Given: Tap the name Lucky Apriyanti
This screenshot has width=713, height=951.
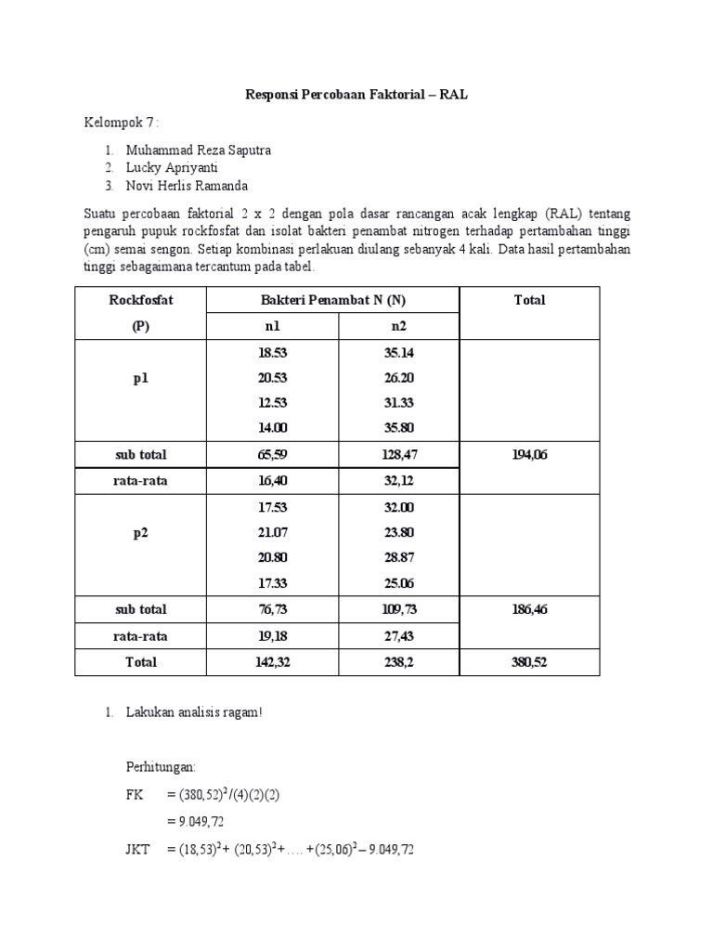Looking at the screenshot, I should [x=174, y=167].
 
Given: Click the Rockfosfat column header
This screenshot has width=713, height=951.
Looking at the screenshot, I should [x=141, y=300].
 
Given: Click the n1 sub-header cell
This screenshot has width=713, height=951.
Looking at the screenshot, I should [x=272, y=327].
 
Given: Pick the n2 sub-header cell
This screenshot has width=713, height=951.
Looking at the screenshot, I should [x=398, y=327].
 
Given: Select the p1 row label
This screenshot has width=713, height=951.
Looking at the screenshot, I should [x=141, y=379].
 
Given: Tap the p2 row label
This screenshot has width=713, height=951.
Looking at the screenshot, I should [x=141, y=533].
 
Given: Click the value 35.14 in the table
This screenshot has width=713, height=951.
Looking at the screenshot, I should [x=398, y=354].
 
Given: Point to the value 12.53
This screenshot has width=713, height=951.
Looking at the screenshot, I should [x=272, y=402].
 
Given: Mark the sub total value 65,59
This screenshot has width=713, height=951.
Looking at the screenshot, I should [x=272, y=455].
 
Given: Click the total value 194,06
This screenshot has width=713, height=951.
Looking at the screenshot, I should [x=530, y=455].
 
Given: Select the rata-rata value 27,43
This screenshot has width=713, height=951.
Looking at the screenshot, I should [x=398, y=636].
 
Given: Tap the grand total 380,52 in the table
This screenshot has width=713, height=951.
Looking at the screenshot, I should [x=530, y=662].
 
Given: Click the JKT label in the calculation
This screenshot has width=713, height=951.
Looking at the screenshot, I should [x=137, y=848].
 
